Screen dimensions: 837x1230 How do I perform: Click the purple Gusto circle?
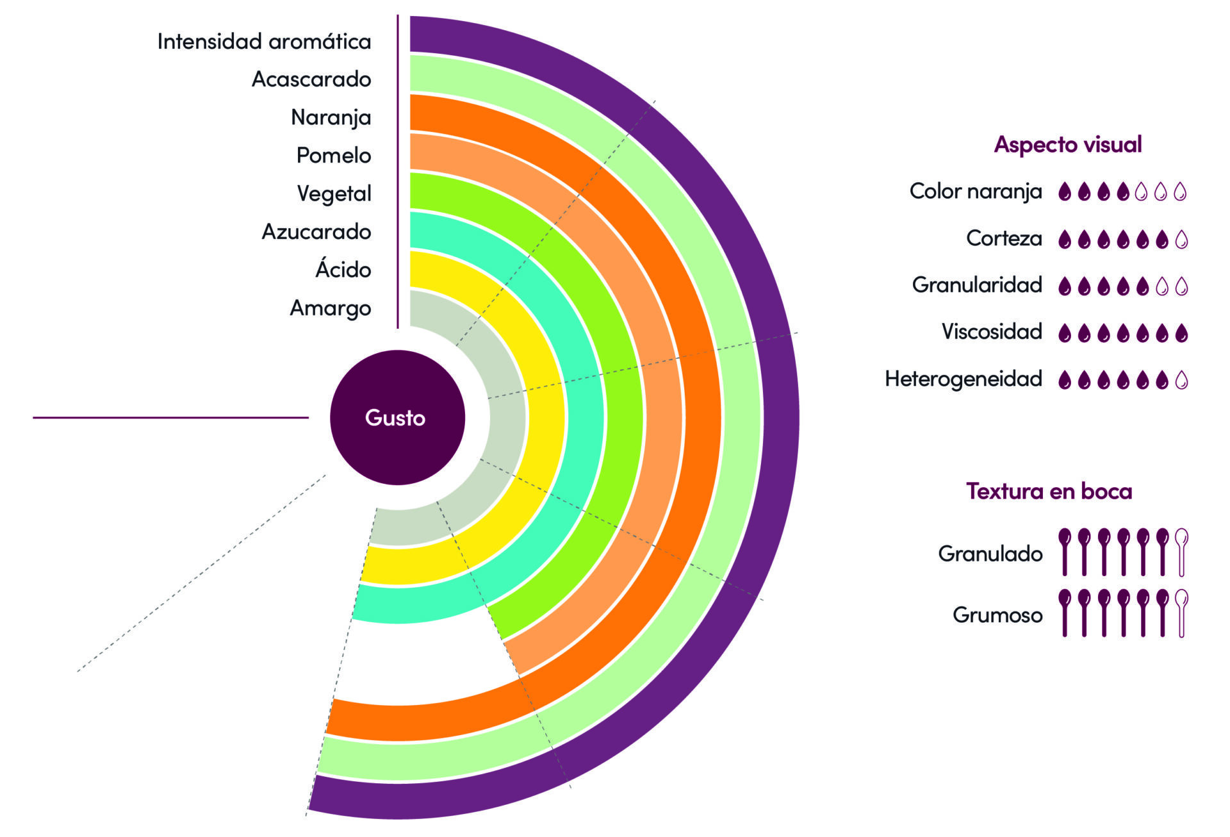397,417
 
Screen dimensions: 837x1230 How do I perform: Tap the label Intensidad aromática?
264,42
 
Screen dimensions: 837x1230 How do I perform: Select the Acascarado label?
311,79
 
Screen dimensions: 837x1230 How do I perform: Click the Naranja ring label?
331,117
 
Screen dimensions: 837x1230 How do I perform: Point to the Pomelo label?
333,155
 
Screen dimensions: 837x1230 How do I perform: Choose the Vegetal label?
334,194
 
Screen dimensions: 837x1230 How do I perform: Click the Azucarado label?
316,231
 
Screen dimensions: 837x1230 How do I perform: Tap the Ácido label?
343,269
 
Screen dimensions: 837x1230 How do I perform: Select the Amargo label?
330,308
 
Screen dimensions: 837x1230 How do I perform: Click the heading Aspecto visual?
1068,145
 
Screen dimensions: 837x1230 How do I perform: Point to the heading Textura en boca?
1049,492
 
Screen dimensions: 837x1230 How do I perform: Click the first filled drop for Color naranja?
1064,192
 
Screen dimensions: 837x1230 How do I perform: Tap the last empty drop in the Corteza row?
1182,240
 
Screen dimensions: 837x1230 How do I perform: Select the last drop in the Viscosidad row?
1182,333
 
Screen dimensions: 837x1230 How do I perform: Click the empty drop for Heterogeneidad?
1182,380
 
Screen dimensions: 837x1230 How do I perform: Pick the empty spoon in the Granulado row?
1182,552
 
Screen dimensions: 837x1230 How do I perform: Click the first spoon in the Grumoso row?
1064,613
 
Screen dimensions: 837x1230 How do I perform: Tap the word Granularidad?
977,285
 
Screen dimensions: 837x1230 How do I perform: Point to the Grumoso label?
997,615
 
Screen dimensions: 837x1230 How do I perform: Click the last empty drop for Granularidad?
1182,286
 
